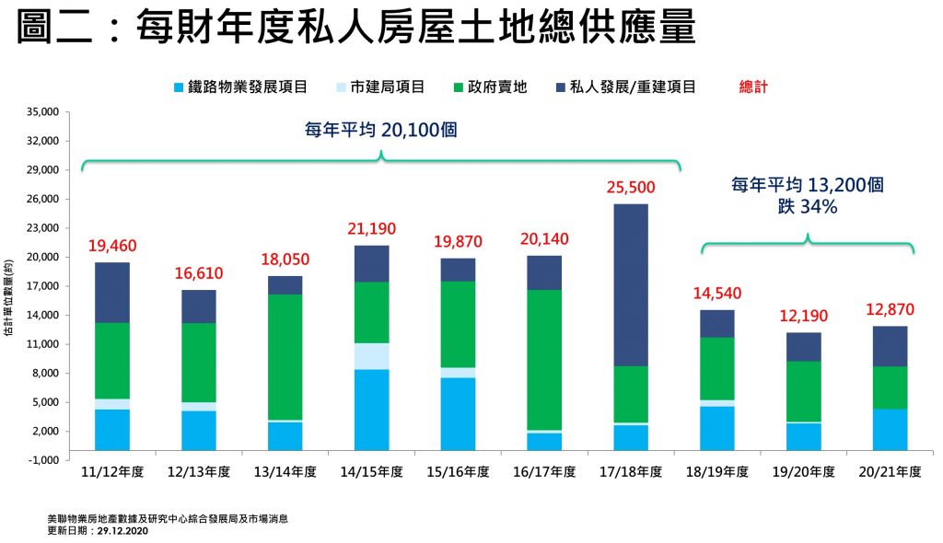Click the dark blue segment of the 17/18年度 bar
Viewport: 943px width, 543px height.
[x=631, y=285]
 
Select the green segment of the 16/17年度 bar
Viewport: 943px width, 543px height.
[x=543, y=360]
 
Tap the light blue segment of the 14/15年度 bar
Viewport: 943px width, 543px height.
[x=371, y=356]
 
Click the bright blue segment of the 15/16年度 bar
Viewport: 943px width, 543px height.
[x=458, y=413]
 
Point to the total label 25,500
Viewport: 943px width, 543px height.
[x=631, y=188]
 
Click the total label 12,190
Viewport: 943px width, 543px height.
[x=803, y=316]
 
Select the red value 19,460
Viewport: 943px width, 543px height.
[x=111, y=246]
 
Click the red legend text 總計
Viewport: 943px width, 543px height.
[x=753, y=87]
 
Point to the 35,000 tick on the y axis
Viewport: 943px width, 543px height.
[x=44, y=112]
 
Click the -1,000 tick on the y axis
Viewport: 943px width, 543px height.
[x=45, y=460]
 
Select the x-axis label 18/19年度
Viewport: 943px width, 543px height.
[x=716, y=472]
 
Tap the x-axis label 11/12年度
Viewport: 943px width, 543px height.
[x=112, y=472]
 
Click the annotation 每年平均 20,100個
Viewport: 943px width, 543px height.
[x=381, y=131]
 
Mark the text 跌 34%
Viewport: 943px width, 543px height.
[x=808, y=208]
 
